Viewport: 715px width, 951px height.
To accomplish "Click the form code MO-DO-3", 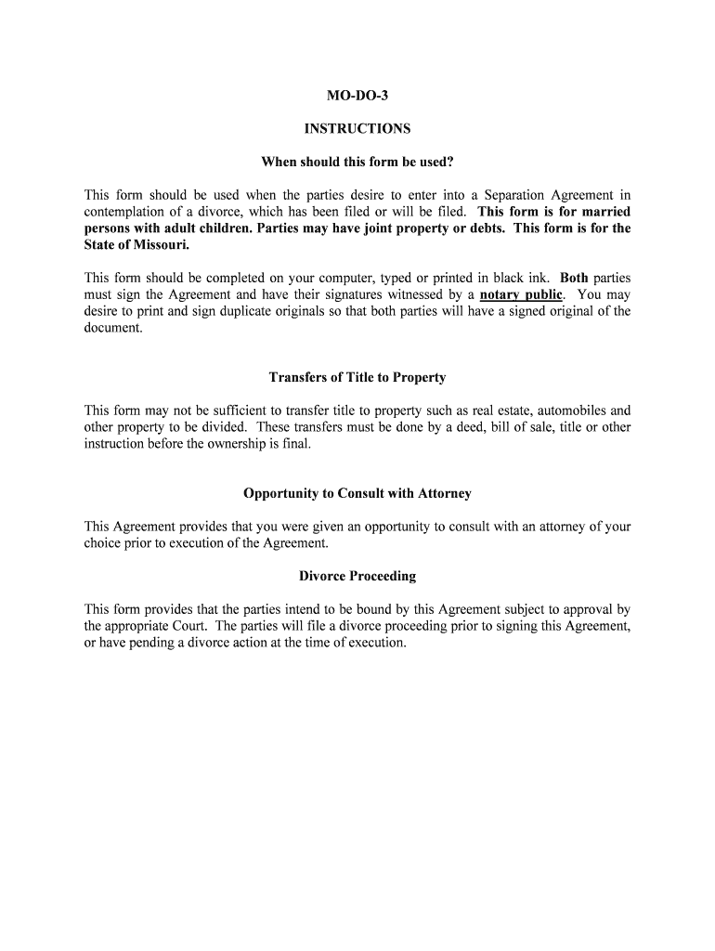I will tap(357, 97).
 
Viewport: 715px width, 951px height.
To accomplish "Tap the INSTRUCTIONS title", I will tap(357, 129).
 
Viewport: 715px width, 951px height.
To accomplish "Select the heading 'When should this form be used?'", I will tap(357, 163).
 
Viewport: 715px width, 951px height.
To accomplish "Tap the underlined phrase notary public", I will tap(521, 295).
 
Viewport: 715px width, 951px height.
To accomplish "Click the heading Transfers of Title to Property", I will tap(357, 378).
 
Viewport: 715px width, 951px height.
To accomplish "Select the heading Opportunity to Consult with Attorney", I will tap(357, 493).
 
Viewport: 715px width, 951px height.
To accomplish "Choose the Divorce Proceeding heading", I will tap(357, 576).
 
